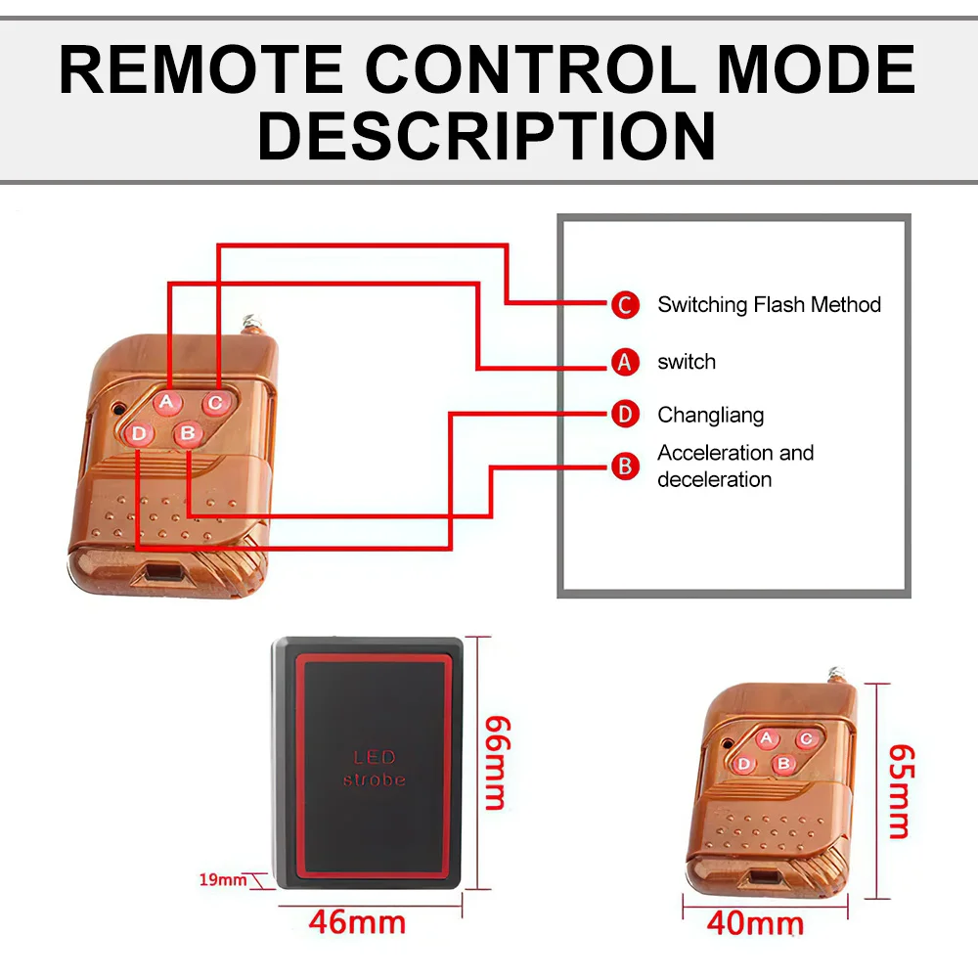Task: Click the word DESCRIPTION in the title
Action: [x=486, y=135]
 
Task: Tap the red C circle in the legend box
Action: [x=625, y=305]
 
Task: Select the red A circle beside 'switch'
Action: [x=625, y=362]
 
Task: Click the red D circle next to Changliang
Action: [x=625, y=414]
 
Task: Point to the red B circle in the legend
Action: [x=625, y=466]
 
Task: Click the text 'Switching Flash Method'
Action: [x=769, y=304]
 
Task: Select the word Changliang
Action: [x=710, y=415]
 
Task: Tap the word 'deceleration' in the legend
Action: [x=714, y=479]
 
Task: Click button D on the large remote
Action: [x=139, y=433]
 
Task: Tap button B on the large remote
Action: [x=188, y=433]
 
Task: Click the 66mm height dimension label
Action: [x=497, y=763]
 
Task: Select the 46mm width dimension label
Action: [x=357, y=922]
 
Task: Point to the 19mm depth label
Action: [x=223, y=879]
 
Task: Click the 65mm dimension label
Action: [x=901, y=791]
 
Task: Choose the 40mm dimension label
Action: [x=755, y=923]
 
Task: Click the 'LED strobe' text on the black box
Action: [x=375, y=769]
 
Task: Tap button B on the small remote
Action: [x=783, y=764]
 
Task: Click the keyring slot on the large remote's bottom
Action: [x=161, y=572]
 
